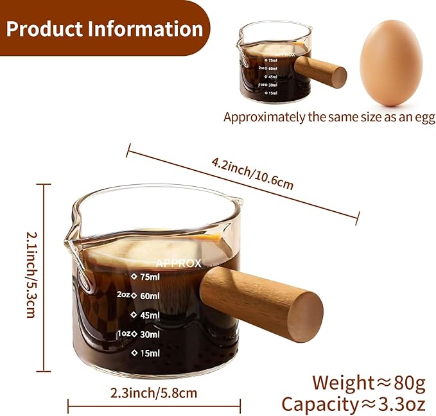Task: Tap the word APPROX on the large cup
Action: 179,263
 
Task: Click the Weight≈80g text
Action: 369,383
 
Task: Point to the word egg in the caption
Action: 424,117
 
